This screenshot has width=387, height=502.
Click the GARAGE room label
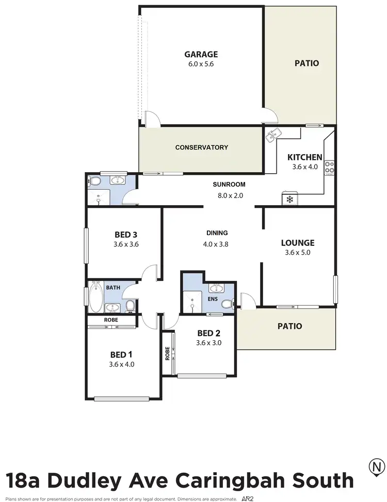[x=201, y=54]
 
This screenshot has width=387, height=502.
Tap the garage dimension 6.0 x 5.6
[x=201, y=64]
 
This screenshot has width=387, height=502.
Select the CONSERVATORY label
[x=201, y=147]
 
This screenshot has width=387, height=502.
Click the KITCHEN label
[x=304, y=157]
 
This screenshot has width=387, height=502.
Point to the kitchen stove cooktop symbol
[x=329, y=168]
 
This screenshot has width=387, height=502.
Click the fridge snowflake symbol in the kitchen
[x=289, y=199]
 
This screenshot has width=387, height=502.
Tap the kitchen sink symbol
[x=273, y=135]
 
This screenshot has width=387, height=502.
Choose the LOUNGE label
[x=297, y=243]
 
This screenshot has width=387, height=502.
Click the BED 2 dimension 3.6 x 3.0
[x=208, y=343]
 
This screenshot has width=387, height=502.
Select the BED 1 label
[x=121, y=354]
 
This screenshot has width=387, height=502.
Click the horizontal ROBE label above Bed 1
[x=111, y=320]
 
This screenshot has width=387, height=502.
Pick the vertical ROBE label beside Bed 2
[x=168, y=354]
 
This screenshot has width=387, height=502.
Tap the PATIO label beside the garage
[x=307, y=63]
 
